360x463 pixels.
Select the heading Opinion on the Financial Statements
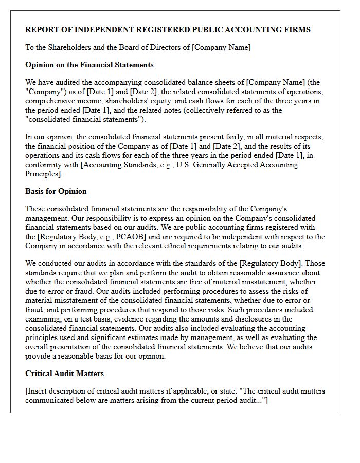click(89, 65)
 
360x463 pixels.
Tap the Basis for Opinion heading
click(56, 191)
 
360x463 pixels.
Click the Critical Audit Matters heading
click(64, 373)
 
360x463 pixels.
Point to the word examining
click(44, 319)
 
